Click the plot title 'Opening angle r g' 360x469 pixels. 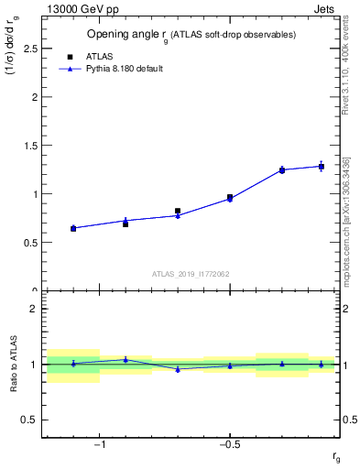(x=191, y=35)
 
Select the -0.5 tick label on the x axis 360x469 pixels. (x=229, y=446)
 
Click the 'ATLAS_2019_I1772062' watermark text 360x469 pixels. (x=190, y=274)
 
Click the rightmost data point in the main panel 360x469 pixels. (x=322, y=166)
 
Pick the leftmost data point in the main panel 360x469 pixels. (x=73, y=228)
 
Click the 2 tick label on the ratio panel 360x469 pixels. (x=33, y=309)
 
